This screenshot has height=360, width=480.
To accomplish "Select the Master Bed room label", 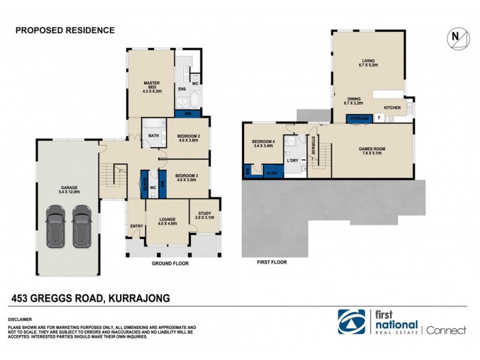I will (150, 86).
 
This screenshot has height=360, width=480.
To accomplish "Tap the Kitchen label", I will (392, 107).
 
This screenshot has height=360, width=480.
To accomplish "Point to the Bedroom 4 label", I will (263, 143).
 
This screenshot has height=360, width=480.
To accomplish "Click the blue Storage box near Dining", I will (359, 119).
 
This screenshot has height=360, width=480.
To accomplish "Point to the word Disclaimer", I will (20, 320).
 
